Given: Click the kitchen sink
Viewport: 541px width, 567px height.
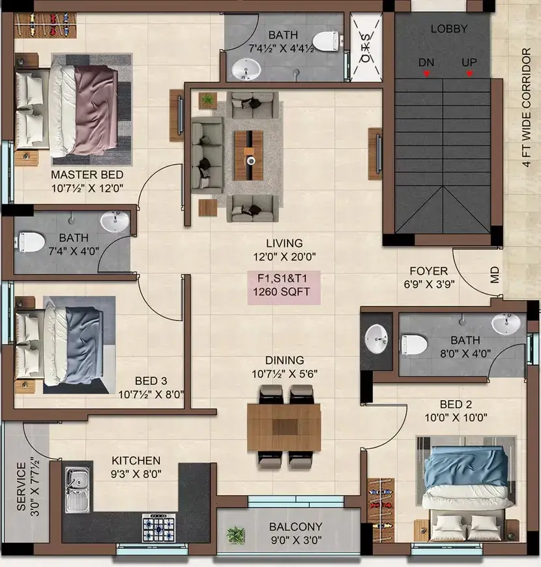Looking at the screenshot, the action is pos(78,489).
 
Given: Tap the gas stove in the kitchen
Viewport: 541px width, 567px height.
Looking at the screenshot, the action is pos(158,528).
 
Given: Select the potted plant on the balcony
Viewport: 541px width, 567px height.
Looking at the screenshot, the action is pos(235,534).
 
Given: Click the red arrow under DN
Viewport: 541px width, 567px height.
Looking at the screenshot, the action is pos(426,74).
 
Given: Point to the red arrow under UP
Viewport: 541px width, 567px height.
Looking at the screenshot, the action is pos(469,74).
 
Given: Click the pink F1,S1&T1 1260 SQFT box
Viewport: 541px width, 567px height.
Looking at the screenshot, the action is pos(284,288).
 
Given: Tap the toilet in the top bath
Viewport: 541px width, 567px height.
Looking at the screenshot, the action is pos(326,42).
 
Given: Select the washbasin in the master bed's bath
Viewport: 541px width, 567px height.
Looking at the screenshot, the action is pos(114,221).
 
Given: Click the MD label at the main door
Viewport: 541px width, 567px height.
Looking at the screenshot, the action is pos(495,275).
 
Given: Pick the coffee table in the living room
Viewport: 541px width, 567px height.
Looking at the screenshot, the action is pos(249,155).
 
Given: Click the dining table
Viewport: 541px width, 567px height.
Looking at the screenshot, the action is pos(284,427).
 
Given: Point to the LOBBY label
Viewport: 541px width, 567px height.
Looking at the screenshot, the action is pos(449,29).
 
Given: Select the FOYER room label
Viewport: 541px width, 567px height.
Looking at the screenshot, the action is pos(429,271).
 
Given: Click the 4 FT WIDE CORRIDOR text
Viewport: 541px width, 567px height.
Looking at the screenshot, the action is pos(526,108).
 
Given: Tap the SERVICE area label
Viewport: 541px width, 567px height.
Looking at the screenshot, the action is pos(22,487).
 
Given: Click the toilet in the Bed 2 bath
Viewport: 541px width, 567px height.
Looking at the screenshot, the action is pos(415,345).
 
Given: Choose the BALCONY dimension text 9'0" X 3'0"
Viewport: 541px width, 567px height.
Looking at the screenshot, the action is pos(296,540).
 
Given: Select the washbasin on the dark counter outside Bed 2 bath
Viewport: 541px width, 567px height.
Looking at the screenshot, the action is pos(376,339).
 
